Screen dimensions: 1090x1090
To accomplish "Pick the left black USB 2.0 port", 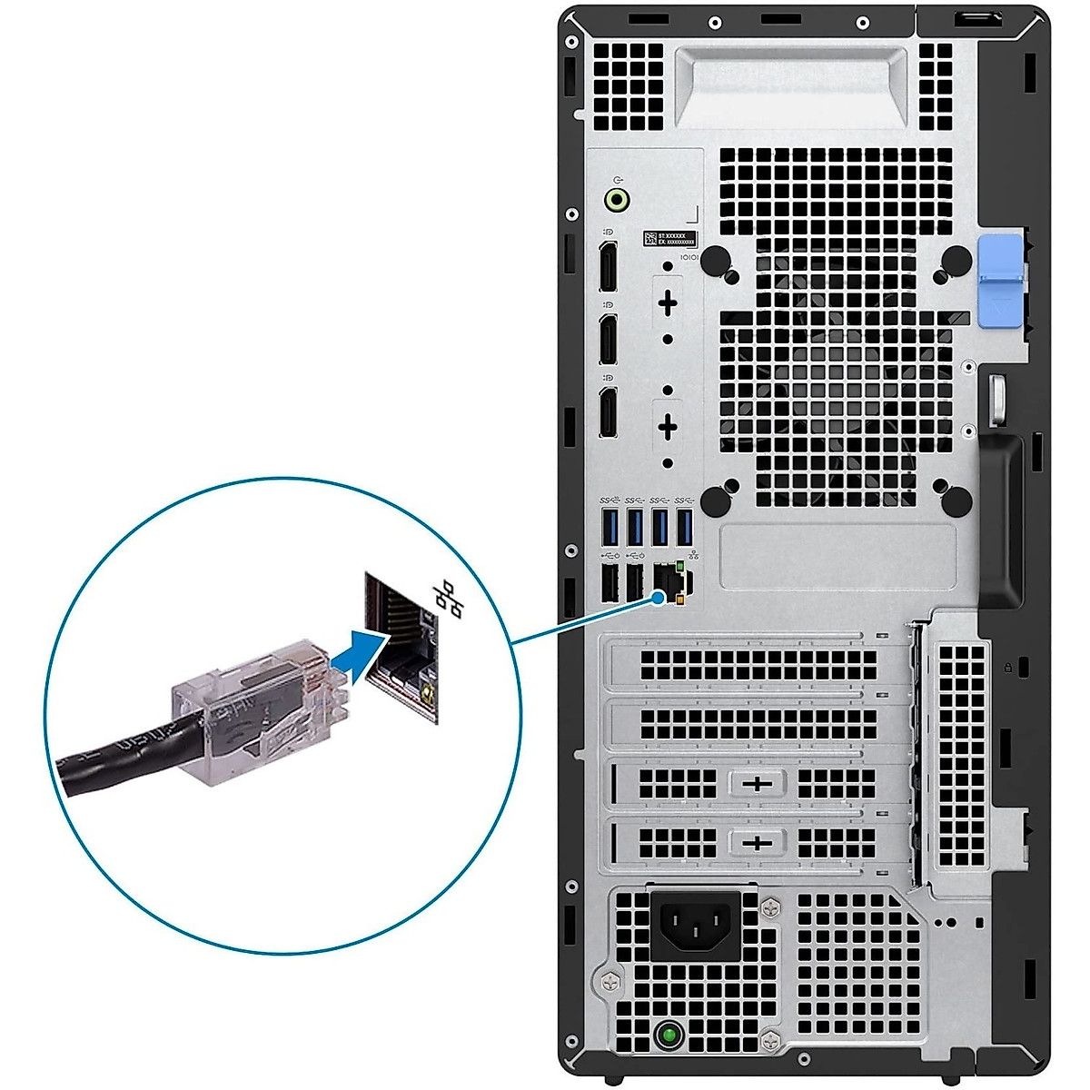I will (609, 582).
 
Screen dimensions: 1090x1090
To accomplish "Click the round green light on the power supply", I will (670, 1035).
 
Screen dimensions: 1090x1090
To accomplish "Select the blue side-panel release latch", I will (999, 282).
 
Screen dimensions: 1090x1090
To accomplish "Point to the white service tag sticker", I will (670, 239).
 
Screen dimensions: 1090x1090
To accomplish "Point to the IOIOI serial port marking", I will (689, 258).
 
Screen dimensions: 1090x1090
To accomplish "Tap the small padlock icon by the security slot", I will (1008, 667).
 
